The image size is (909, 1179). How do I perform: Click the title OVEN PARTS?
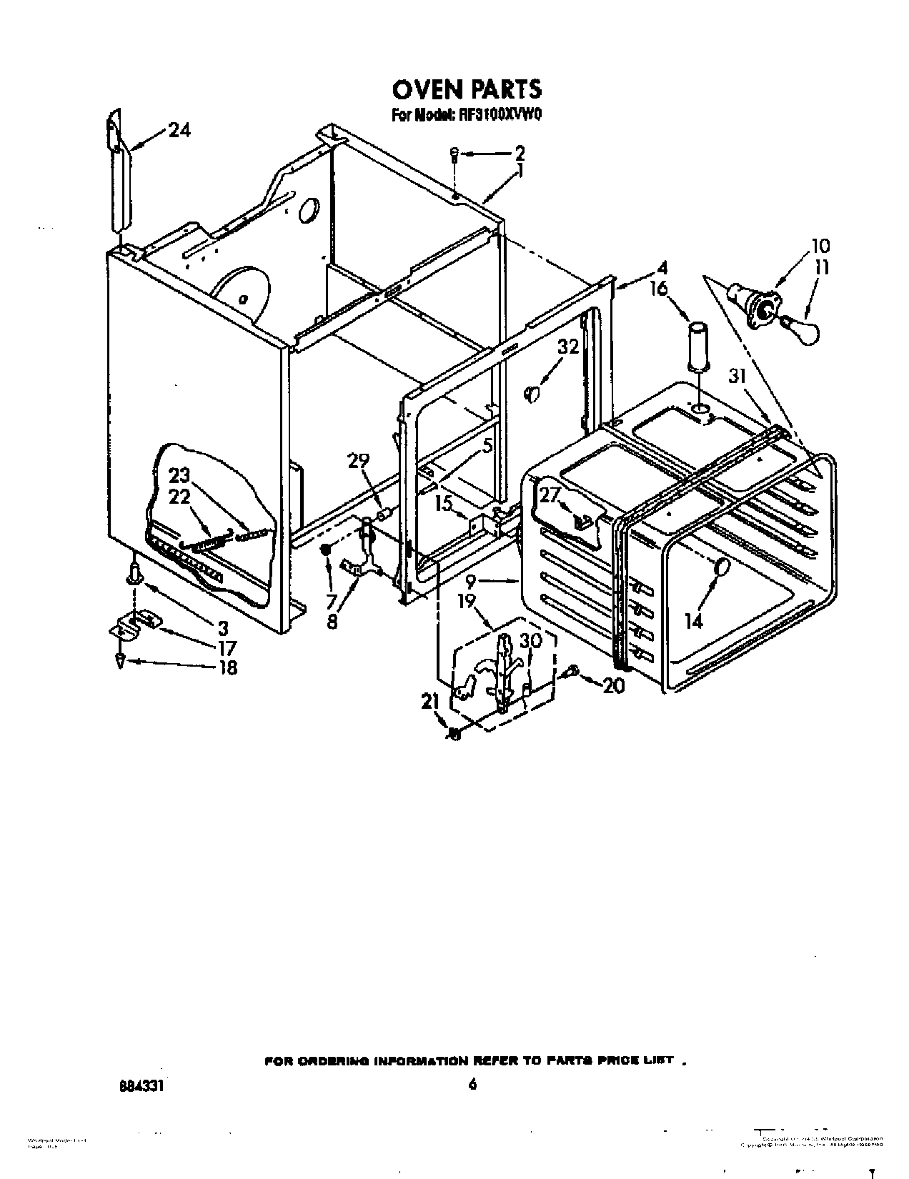pyautogui.click(x=467, y=89)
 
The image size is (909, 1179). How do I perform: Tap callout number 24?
pyautogui.click(x=179, y=130)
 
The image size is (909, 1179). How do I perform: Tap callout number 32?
pyautogui.click(x=568, y=347)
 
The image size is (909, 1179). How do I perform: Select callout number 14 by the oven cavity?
pyautogui.click(x=693, y=621)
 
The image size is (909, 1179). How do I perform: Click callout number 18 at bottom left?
pyautogui.click(x=227, y=667)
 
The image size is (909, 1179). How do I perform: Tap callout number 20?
pyautogui.click(x=613, y=685)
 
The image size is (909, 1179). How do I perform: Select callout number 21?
pyautogui.click(x=429, y=702)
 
